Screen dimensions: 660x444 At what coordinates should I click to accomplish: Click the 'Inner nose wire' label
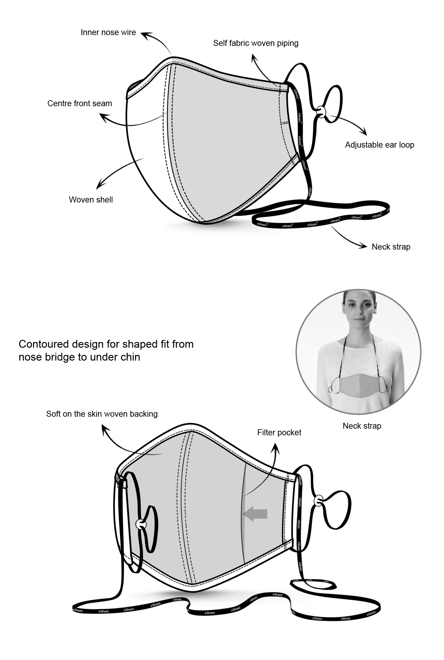pos(108,32)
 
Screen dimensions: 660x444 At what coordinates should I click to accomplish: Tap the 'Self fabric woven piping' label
pos(256,43)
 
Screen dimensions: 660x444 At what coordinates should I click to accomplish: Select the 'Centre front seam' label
pos(79,103)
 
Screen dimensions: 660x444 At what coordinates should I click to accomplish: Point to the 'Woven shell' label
pos(91,200)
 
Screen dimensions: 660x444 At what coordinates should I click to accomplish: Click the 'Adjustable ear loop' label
pos(379,145)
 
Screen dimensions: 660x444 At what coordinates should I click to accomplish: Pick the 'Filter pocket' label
pos(279,432)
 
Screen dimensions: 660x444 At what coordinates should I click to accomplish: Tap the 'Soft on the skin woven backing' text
pos(102,414)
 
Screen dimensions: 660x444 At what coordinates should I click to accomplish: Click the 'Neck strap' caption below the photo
pos(362,426)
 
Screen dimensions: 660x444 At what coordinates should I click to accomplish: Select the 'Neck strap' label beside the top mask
pos(391,247)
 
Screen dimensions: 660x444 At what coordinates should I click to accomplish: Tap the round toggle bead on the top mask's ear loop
pos(321,111)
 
